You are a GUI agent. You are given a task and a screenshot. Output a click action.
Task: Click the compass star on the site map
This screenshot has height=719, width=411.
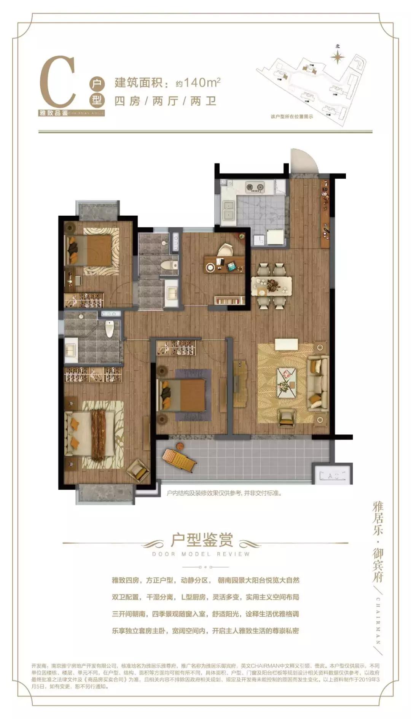337,57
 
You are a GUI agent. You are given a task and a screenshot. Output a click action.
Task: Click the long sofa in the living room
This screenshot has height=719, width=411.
318,382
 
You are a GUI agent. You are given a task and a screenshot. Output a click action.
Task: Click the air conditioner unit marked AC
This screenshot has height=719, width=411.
331,475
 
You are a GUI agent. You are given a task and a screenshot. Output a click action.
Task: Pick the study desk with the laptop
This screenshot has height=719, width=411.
224,264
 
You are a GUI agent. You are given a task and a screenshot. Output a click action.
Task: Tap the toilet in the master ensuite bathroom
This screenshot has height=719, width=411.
110,329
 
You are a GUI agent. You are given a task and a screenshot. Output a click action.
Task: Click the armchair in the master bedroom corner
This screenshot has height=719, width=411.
138,471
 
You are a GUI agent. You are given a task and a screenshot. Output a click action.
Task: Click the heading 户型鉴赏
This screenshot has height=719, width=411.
202,540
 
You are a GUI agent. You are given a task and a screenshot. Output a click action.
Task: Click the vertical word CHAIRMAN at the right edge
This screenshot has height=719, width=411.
378,620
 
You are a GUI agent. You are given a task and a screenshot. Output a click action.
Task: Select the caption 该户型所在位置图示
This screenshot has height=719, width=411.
292,117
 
